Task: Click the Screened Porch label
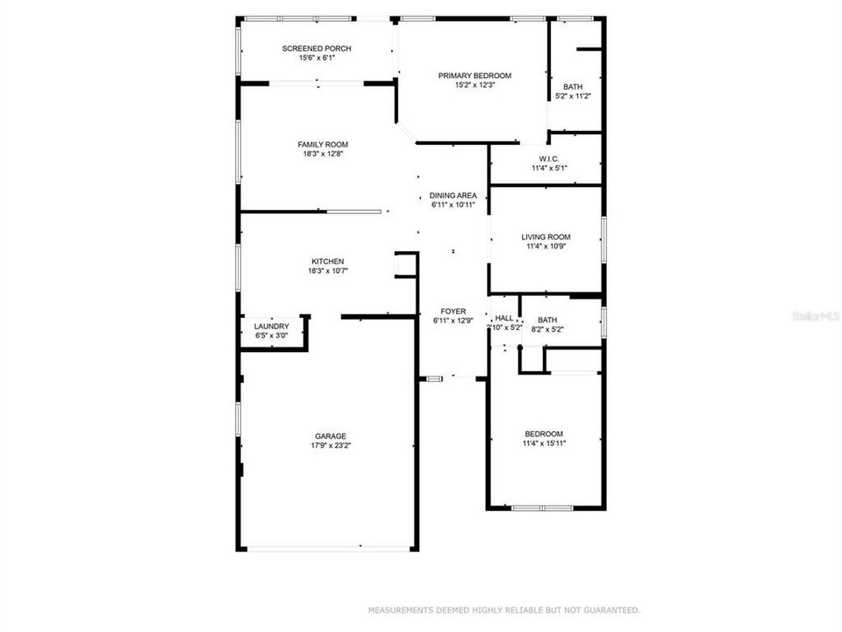[x=317, y=48]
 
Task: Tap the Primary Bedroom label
[x=475, y=75]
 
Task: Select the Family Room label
[x=323, y=144]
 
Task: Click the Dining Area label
[x=453, y=195]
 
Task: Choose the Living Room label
[x=546, y=236]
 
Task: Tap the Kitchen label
[x=327, y=261]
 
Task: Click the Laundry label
[x=271, y=326]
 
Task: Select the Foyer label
[x=453, y=311]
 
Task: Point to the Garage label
[x=331, y=435]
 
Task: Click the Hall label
[x=503, y=319]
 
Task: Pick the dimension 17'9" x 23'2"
[x=331, y=446]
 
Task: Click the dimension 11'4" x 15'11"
[x=544, y=443]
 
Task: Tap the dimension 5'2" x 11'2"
[x=573, y=96]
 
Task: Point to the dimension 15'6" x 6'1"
[x=317, y=58]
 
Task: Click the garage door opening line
[x=329, y=549]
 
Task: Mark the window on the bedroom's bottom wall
[x=542, y=507]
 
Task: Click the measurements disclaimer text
[x=503, y=609]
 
